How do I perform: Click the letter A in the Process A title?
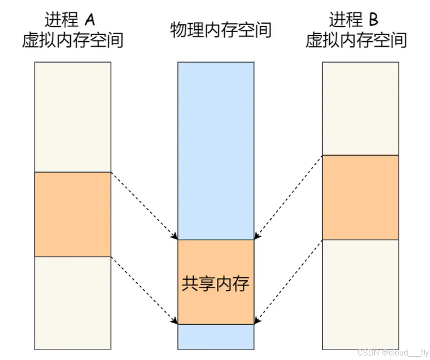coord(90,20)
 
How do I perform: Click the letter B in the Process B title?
coord(374,20)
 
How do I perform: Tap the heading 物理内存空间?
coord(220,30)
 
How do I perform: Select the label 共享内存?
coord(216,283)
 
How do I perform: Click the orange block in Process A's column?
coord(73,214)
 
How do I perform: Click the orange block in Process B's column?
coord(360,197)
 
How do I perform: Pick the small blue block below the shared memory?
coord(216,337)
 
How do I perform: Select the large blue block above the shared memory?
coord(216,150)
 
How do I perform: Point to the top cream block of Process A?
coord(73,116)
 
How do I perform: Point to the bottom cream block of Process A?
coord(73,303)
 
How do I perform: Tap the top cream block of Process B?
coord(360,108)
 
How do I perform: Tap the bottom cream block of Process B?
coord(360,294)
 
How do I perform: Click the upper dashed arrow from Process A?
coord(144,206)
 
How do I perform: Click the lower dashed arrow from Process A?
coord(144,290)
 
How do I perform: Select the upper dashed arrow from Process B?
coord(288,197)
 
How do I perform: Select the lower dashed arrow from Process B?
coord(288,281)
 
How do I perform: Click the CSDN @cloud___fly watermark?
coord(393,352)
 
